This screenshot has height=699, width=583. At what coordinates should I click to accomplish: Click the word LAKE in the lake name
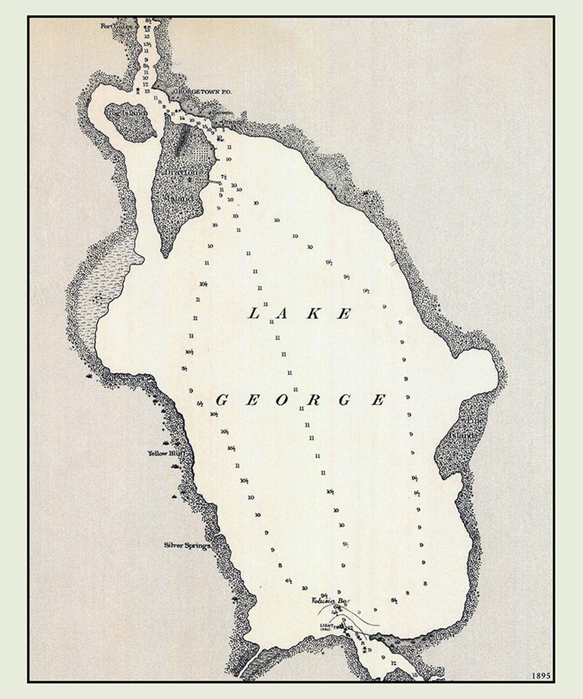coord(300,313)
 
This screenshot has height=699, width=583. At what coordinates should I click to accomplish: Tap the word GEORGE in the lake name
coord(301,400)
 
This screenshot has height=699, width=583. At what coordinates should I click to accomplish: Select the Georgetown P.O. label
coord(202,93)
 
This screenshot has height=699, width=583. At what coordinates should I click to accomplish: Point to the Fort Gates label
coord(116,25)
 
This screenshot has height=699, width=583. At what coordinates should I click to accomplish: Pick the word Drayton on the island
coord(181,172)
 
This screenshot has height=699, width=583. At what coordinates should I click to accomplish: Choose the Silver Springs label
coord(186,545)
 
